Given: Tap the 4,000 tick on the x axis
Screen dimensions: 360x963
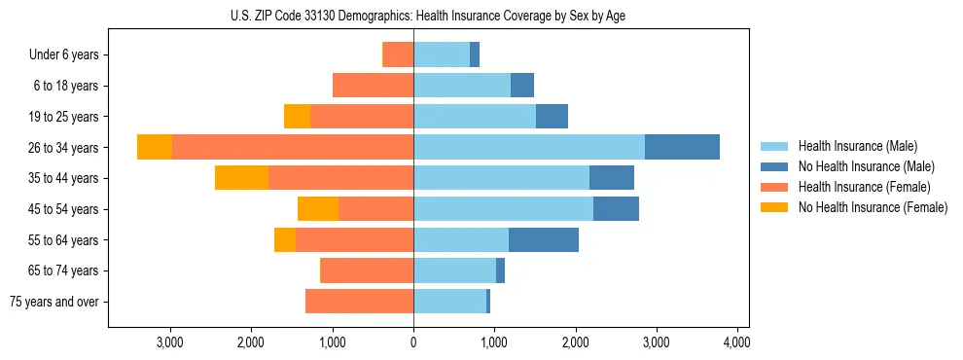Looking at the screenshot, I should pos(736,342).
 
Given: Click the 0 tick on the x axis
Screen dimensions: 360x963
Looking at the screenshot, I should pos(413,342).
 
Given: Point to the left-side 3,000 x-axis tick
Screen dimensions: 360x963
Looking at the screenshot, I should pos(170,342).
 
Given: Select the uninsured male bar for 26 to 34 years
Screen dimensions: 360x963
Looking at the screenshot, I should pos(682,147).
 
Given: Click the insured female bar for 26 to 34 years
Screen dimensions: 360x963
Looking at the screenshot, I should pos(293,147).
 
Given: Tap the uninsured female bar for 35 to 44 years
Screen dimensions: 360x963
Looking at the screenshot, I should pos(241,178).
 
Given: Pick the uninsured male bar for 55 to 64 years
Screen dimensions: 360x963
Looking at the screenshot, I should pos(544,239).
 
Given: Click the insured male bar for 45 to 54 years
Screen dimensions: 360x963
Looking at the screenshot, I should pos(503,209).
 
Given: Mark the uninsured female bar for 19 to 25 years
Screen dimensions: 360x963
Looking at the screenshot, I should pos(297,117).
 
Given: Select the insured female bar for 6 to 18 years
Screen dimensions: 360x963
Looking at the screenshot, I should pos(373,86).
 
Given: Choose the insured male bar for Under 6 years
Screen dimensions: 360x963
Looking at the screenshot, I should pos(442,55).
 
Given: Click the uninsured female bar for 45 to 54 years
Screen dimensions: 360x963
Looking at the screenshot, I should pos(318,209).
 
